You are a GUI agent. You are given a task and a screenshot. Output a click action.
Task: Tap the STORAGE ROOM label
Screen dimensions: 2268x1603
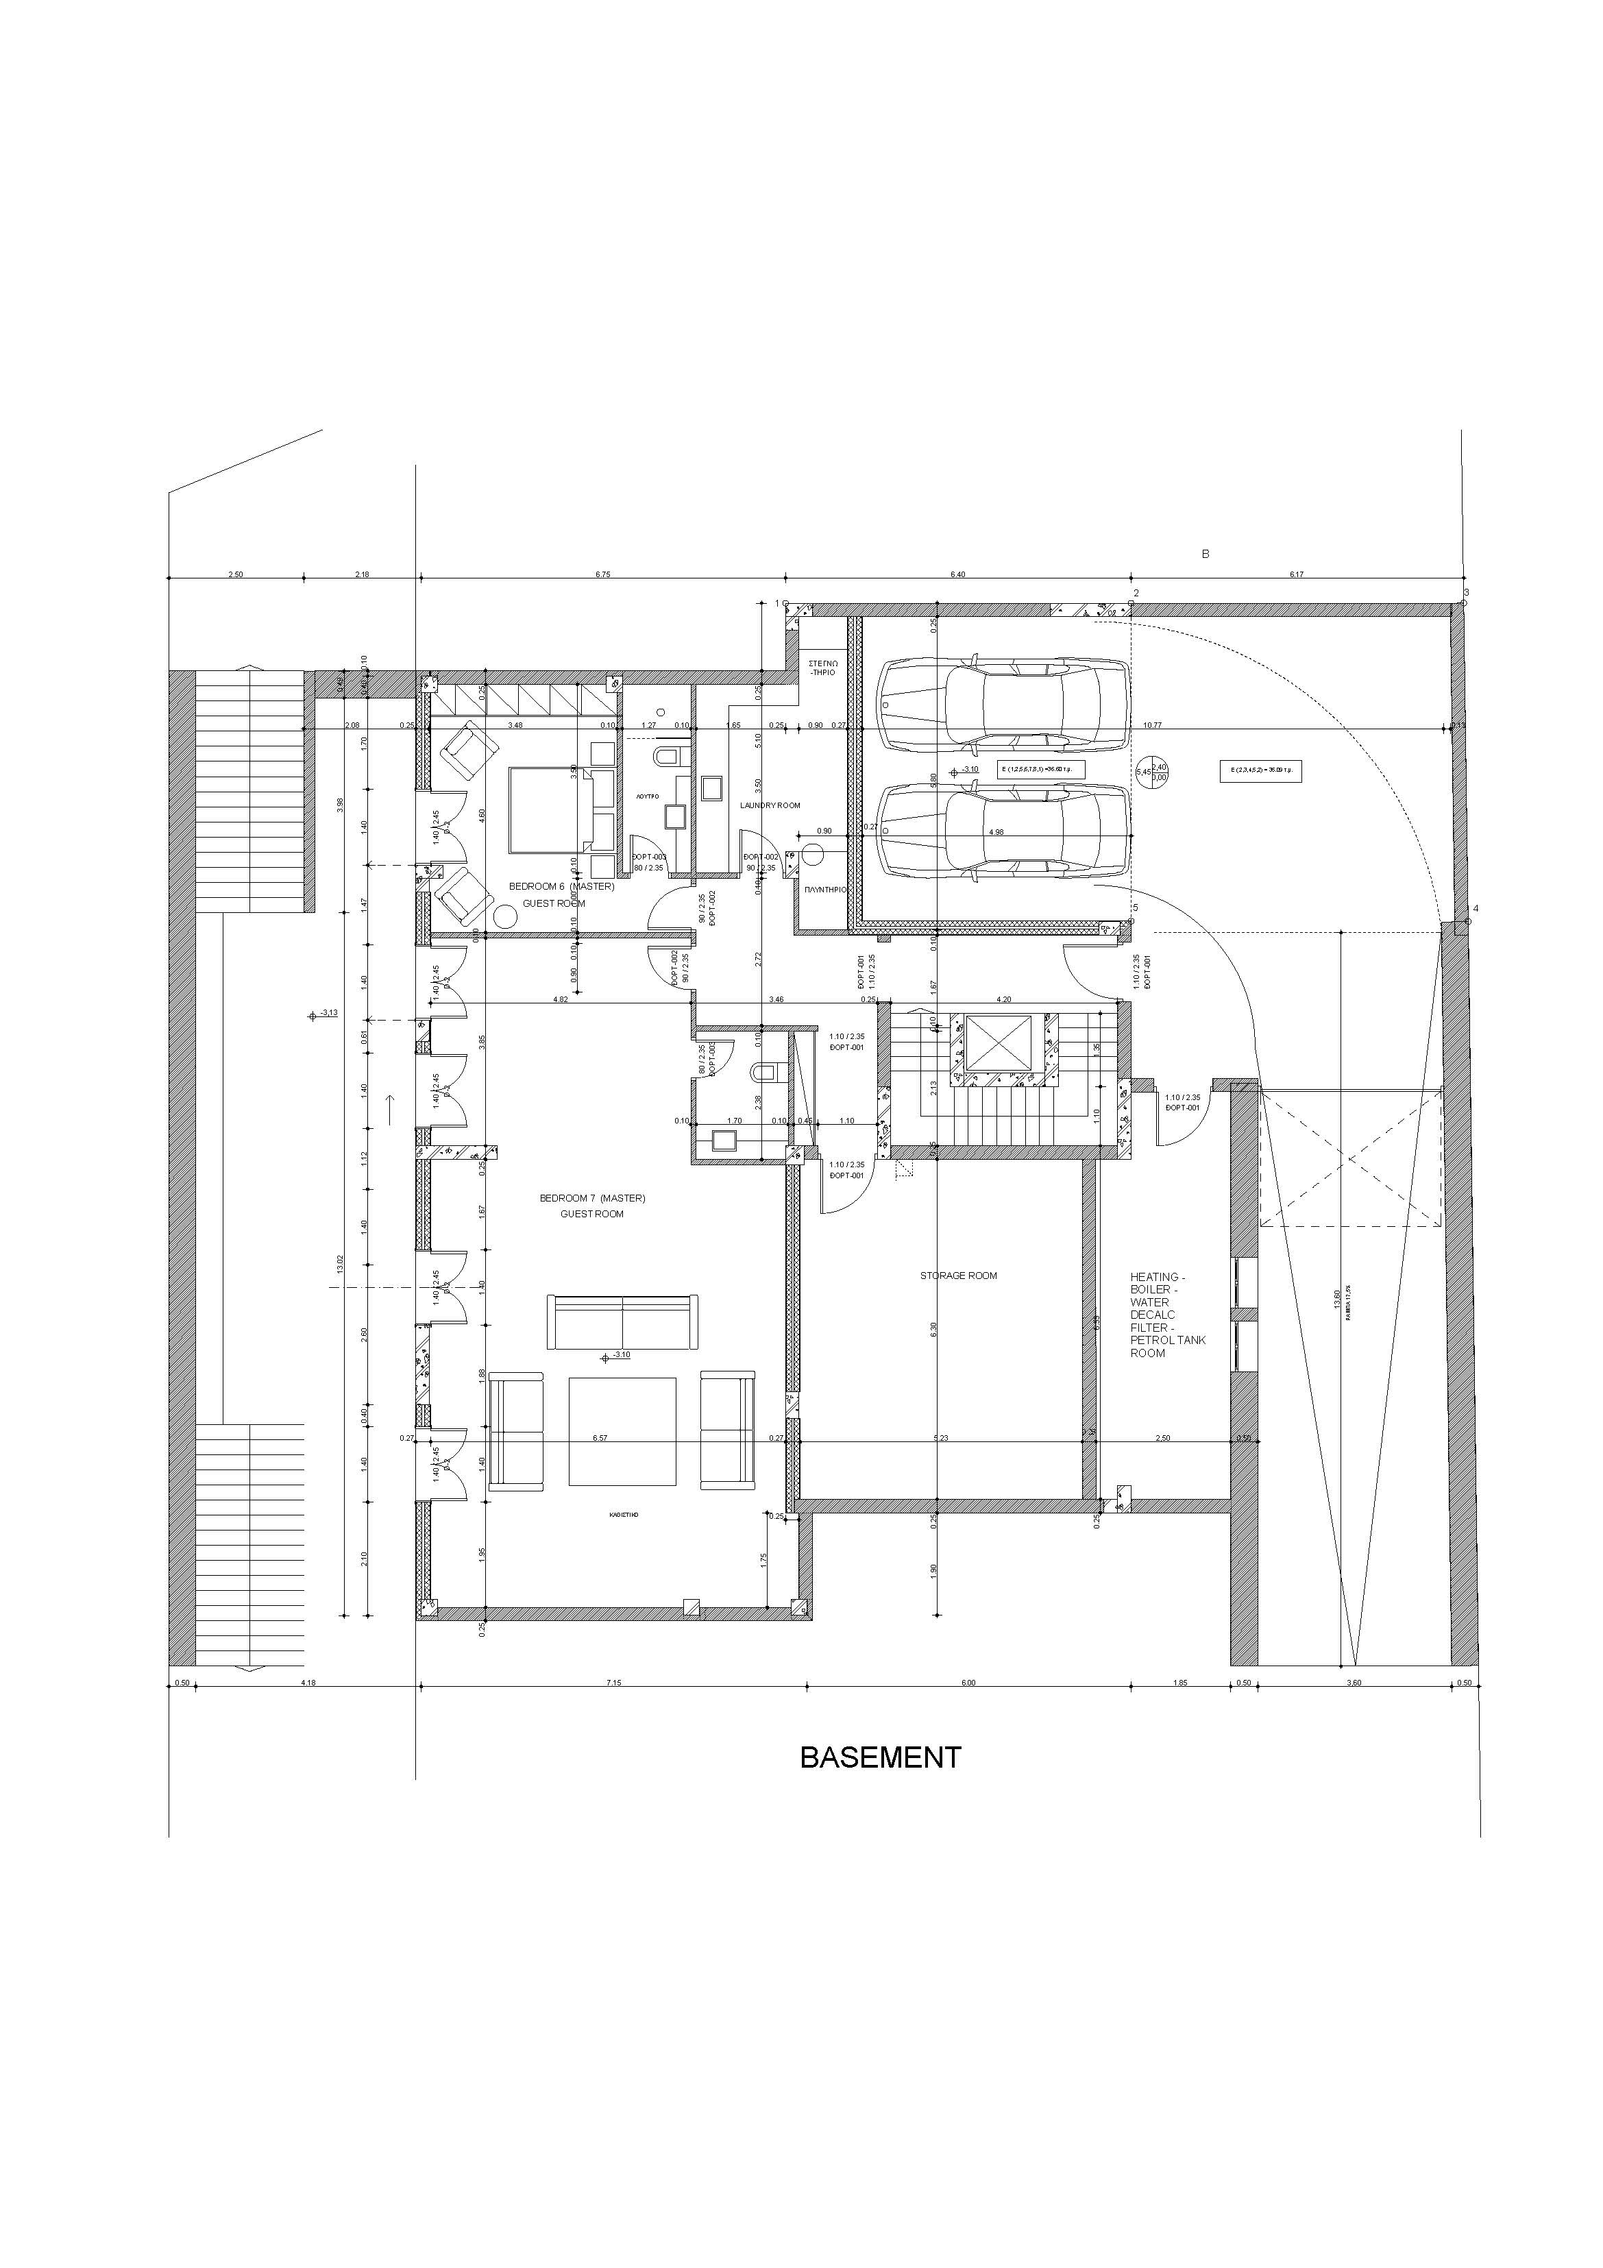point(958,1276)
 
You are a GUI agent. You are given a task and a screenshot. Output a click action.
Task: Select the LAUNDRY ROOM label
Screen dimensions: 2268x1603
point(770,806)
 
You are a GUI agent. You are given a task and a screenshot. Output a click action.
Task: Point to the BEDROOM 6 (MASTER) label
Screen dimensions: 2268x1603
point(561,887)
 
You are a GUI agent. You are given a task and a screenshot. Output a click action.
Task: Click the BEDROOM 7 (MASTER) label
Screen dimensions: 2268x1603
point(591,1198)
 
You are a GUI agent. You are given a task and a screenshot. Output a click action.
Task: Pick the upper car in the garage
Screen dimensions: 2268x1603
point(1003,705)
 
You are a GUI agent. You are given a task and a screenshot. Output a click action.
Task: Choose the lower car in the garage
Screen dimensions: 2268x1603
point(1003,831)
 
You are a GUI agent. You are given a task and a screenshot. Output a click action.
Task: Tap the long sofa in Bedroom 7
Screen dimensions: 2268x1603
point(622,1321)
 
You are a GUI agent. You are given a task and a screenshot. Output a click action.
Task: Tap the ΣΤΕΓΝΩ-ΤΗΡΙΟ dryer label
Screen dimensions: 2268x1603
point(822,668)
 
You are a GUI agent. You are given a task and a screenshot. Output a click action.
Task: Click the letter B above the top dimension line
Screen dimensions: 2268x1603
point(1205,554)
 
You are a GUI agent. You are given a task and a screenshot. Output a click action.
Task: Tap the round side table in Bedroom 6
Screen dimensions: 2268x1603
point(506,916)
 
